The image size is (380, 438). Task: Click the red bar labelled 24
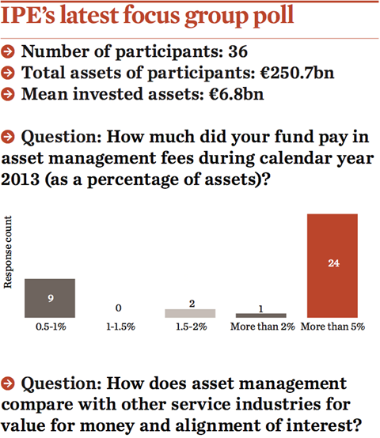pos(332,266)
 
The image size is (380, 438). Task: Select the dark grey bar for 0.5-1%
pos(50,298)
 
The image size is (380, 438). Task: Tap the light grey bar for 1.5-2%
pos(190,313)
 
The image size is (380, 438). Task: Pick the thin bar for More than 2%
pos(261,315)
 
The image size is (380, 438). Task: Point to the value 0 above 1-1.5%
pos(118,308)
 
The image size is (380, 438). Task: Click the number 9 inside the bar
pos(51,298)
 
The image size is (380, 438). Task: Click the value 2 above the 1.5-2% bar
pos(192,304)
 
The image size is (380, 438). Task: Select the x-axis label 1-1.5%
pos(120,327)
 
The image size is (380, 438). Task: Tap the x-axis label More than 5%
pos(332,327)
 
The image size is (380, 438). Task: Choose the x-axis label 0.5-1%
pos(51,327)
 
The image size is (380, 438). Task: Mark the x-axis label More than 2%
pos(263,327)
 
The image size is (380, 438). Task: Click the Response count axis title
pos(8,252)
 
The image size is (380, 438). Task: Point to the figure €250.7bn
pos(297,73)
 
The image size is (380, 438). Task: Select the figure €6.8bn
pos(236,94)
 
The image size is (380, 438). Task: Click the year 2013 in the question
pos(20,179)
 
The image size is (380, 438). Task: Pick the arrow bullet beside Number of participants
pos(8,52)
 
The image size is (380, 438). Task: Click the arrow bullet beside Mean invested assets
pos(8,94)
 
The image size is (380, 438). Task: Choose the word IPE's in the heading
pos(28,14)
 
